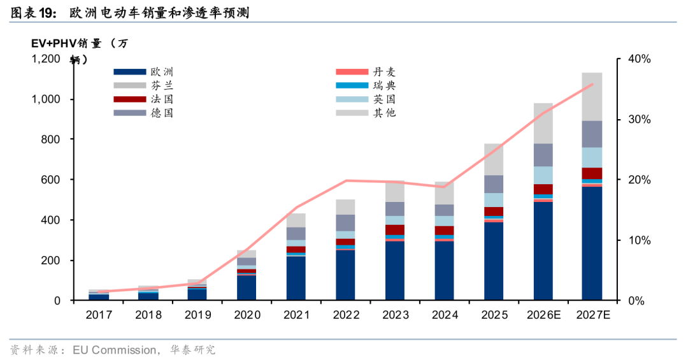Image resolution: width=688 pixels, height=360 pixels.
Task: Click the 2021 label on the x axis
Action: pyautogui.click(x=296, y=315)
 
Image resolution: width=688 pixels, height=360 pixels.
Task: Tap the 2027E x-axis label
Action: pyautogui.click(x=592, y=315)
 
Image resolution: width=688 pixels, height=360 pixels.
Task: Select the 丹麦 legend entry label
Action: pyautogui.click(x=384, y=72)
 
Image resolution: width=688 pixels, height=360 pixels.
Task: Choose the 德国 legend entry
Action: pyautogui.click(x=162, y=113)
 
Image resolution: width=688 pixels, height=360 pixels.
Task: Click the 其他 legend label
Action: pyautogui.click(x=384, y=113)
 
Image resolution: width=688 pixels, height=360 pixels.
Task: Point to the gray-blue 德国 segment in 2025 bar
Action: pyautogui.click(x=493, y=184)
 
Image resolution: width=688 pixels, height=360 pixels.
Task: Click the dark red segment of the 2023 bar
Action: pyautogui.click(x=394, y=229)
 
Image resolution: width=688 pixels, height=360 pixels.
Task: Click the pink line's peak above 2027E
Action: pyautogui.click(x=592, y=84)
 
